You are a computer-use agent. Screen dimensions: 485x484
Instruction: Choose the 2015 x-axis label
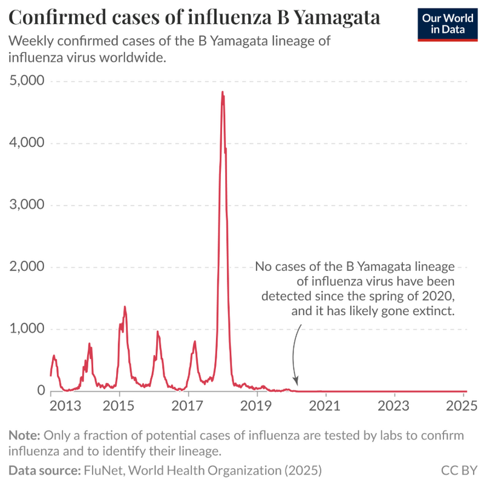pos(119,405)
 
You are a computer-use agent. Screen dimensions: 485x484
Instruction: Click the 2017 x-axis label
pos(188,405)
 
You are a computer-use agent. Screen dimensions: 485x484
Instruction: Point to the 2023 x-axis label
pos(394,405)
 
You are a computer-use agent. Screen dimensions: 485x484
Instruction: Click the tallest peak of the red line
pos(223,93)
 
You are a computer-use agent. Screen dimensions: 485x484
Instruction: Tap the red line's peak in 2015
pos(125,307)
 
